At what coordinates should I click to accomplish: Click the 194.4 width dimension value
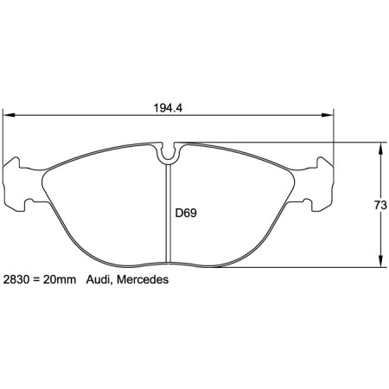(169, 110)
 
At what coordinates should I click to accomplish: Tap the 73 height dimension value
(379, 205)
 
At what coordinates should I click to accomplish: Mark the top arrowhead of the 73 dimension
(380, 145)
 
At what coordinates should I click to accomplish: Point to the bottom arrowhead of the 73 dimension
(380, 264)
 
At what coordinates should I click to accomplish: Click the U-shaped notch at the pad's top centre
(169, 153)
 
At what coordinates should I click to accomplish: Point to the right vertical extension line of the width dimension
(334, 138)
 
